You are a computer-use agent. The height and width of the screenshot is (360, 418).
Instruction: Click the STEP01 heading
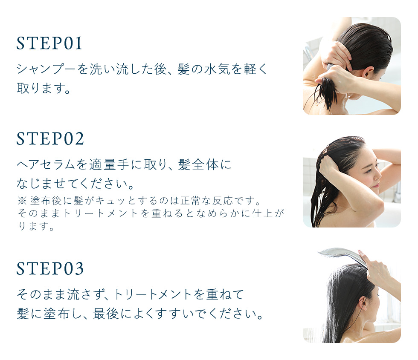point(49,43)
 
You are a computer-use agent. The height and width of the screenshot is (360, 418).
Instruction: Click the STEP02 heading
point(50,138)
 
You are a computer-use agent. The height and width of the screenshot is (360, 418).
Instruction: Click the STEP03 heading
point(50,268)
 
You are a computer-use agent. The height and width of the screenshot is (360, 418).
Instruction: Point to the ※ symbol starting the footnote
point(21,201)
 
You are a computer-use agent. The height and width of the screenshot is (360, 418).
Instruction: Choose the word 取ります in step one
point(41,88)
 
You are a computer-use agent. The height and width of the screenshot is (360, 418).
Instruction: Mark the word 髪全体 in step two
point(198,164)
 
